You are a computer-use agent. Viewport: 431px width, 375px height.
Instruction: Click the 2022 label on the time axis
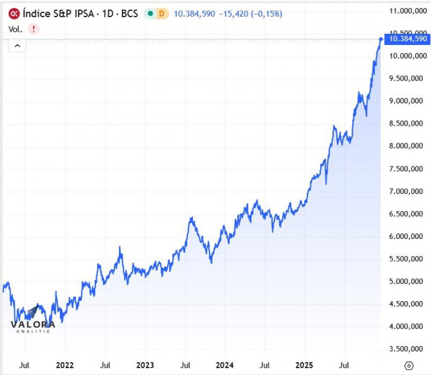tap(65, 365)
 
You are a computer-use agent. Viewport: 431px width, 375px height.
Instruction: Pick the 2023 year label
tap(145, 365)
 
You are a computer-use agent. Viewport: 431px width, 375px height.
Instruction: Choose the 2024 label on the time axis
tap(225, 365)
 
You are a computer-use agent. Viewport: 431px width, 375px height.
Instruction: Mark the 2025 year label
tap(305, 365)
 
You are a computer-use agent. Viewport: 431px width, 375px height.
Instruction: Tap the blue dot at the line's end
tap(381, 39)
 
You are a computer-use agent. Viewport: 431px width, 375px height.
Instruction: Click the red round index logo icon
tap(13, 13)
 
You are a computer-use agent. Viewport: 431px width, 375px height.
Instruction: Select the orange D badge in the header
tap(162, 13)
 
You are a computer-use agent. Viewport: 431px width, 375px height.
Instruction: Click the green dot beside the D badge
tap(150, 13)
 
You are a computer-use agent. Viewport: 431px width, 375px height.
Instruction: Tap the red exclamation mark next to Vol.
tap(33, 28)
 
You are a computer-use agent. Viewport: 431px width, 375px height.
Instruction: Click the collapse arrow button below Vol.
tap(17, 45)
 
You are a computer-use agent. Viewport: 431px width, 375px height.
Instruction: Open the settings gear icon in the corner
tap(408, 365)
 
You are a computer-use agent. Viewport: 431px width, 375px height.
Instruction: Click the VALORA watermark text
tap(34, 325)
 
